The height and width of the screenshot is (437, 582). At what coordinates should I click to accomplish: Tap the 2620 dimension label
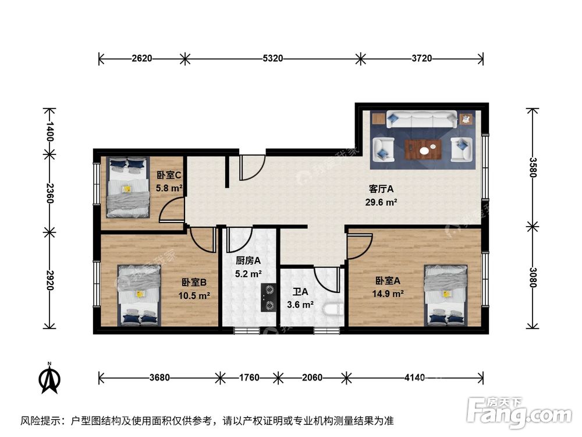coord(142,58)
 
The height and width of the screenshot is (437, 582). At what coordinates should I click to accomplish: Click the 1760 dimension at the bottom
coord(249,377)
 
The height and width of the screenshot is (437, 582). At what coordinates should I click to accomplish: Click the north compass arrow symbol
coord(49,379)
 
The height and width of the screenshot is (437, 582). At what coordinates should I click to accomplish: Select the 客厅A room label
coord(382,189)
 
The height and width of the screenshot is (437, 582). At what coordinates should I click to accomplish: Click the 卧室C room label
coord(169,174)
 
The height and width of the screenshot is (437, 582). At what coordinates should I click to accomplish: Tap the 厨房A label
coord(248,260)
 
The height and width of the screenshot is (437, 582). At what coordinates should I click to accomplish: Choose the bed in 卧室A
coord(446,294)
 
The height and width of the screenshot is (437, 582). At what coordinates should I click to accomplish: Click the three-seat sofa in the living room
coord(421,121)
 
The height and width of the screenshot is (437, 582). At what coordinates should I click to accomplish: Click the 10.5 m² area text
coord(194,295)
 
